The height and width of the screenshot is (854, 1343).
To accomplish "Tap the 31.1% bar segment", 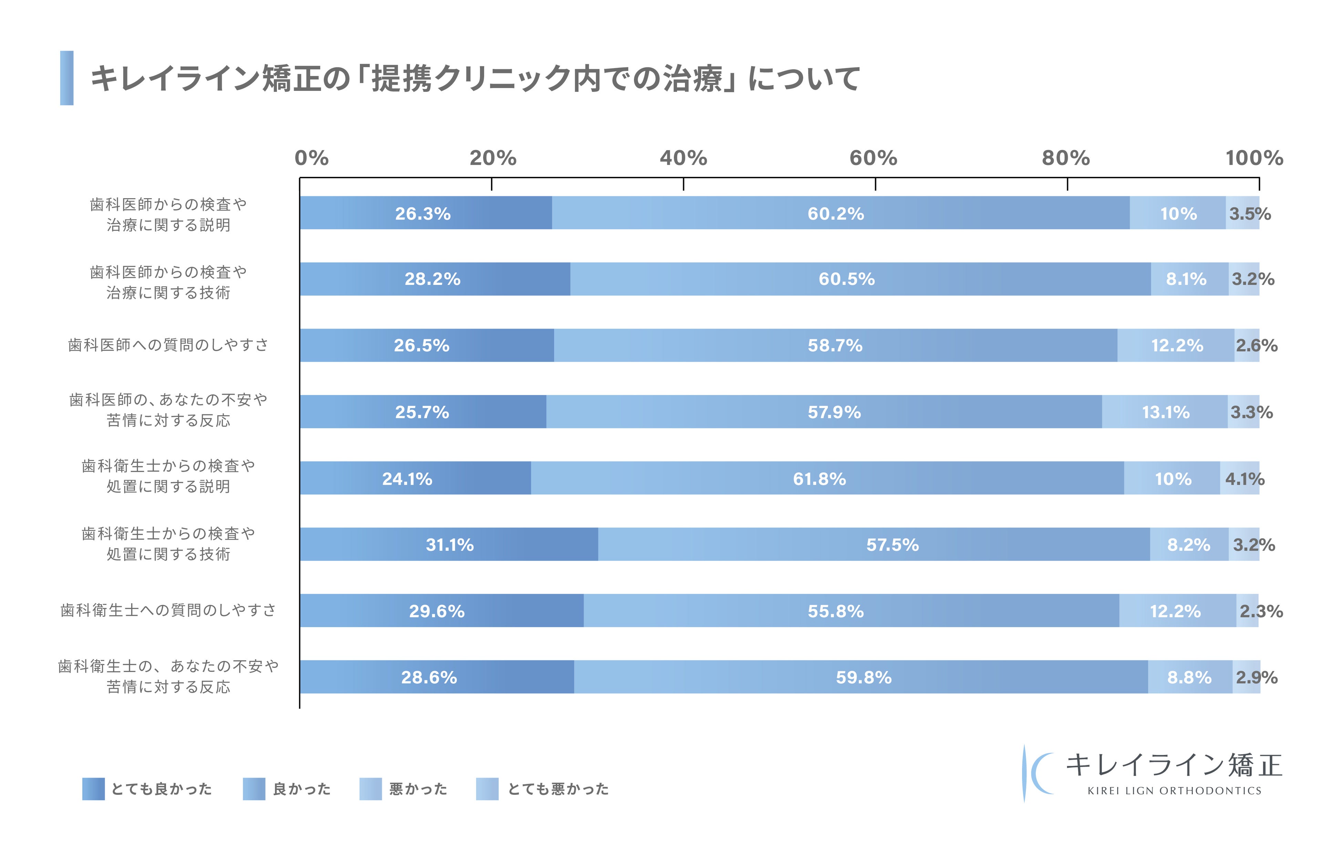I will click(449, 545).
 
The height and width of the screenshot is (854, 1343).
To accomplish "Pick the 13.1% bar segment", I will click(1165, 412).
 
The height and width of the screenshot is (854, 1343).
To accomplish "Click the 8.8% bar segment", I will click(1190, 677).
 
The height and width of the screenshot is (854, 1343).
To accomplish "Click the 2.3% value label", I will click(1260, 611).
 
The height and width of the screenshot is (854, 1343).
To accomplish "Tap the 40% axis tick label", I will click(683, 158).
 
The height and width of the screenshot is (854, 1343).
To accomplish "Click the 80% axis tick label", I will click(1066, 158).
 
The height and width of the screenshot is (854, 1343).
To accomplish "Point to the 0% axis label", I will click(311, 158).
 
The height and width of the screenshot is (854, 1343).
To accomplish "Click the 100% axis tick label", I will click(1254, 158).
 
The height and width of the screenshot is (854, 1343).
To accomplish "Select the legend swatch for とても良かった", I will click(93, 789).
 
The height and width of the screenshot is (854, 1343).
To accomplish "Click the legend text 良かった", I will click(302, 789).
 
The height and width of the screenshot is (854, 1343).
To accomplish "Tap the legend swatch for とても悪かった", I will click(487, 789).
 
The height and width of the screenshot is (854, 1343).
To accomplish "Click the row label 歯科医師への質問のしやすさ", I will click(168, 345).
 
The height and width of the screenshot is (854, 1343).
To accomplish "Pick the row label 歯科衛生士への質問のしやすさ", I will click(168, 610).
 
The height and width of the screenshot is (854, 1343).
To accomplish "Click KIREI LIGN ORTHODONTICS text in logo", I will click(1174, 790).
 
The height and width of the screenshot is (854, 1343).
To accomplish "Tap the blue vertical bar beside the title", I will click(67, 78).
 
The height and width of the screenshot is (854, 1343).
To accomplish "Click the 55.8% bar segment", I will click(851, 611).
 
